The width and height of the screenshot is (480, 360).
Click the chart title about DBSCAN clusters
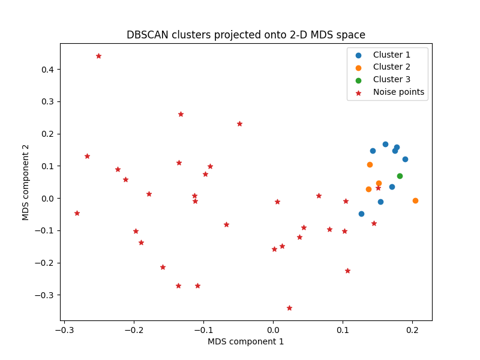point(246,35)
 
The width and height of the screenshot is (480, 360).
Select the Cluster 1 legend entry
point(391,55)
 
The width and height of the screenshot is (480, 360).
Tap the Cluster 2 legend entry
point(391,67)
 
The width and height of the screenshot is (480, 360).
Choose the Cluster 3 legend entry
point(391,80)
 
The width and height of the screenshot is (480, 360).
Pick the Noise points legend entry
point(398,92)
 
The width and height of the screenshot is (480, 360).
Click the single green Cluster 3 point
point(400,176)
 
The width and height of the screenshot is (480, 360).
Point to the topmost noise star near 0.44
point(98,56)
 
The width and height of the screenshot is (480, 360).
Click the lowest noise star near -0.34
point(289,308)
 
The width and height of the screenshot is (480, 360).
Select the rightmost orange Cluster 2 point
point(415,200)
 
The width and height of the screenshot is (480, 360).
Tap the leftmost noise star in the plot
point(77,213)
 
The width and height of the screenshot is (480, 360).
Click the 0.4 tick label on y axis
point(47,70)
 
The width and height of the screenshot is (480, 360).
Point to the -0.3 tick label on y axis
point(45,295)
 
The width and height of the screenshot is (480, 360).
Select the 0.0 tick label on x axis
point(273,330)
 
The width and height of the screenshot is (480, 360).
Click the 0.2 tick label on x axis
point(412,330)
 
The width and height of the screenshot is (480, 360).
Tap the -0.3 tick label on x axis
point(64,330)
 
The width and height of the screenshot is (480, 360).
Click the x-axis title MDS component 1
point(246,341)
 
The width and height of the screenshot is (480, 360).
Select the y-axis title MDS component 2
point(26,182)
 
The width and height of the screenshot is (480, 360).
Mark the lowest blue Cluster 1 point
point(361,214)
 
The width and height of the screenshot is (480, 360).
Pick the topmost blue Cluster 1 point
point(385,144)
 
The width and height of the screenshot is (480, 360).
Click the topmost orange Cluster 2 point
point(370,164)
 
